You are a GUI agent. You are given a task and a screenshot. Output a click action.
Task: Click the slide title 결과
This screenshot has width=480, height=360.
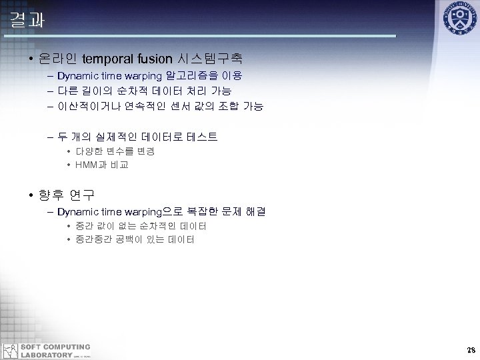[27, 19]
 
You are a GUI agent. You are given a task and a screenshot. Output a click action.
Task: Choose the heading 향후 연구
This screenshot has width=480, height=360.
[67, 195]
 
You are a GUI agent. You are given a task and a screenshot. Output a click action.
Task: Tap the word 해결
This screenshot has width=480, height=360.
[255, 212]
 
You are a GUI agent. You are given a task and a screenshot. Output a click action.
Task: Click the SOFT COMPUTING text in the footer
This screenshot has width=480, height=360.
[56, 347]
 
